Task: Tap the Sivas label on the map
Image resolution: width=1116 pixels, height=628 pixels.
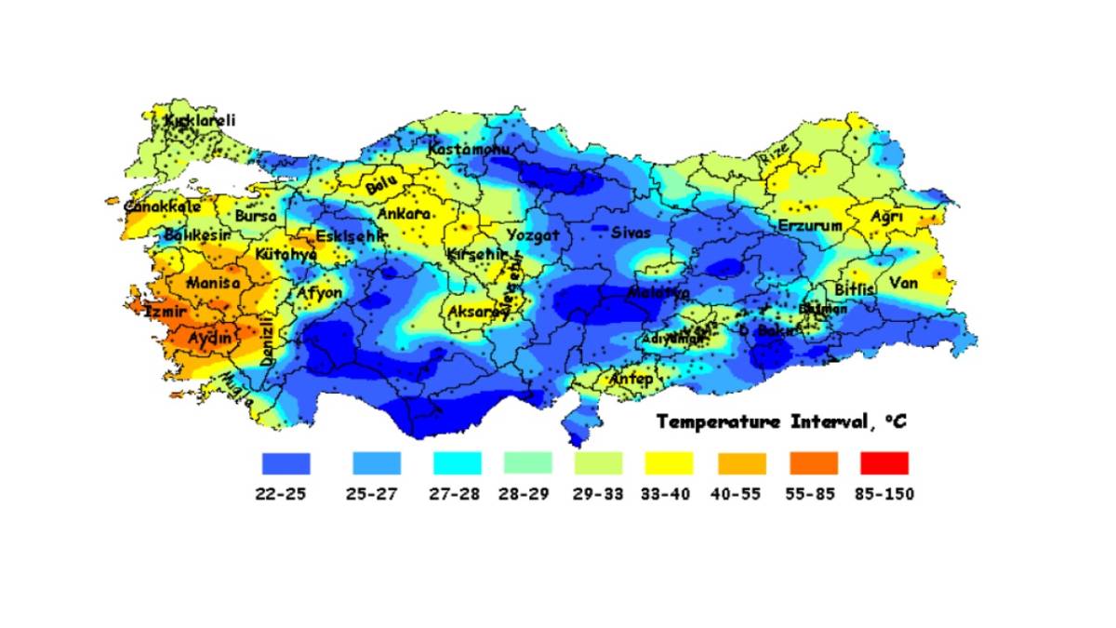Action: coord(631,233)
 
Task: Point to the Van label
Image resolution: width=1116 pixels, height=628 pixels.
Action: coord(903,283)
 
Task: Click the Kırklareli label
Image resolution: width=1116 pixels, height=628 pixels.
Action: coord(200,121)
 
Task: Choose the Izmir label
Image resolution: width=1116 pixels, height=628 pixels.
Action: coord(165,313)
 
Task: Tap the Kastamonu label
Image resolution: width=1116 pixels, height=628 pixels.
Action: coord(469,149)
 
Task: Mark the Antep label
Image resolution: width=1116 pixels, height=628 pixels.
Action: coord(631,380)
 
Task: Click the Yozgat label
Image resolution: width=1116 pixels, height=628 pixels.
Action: coord(533,235)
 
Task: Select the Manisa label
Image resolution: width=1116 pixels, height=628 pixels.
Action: coord(213,283)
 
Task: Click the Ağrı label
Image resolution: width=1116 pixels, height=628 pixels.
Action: coord(886,217)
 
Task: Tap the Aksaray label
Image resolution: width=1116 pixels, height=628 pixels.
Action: coord(478,313)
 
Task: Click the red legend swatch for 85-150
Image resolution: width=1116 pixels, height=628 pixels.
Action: coord(884,462)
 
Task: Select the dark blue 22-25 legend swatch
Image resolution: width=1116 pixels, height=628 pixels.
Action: coord(286,462)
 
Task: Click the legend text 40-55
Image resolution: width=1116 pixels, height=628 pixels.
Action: coord(742,494)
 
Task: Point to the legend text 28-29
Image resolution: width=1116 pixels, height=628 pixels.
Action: coord(527,494)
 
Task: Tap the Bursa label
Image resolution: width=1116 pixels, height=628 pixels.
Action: coord(256,216)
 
